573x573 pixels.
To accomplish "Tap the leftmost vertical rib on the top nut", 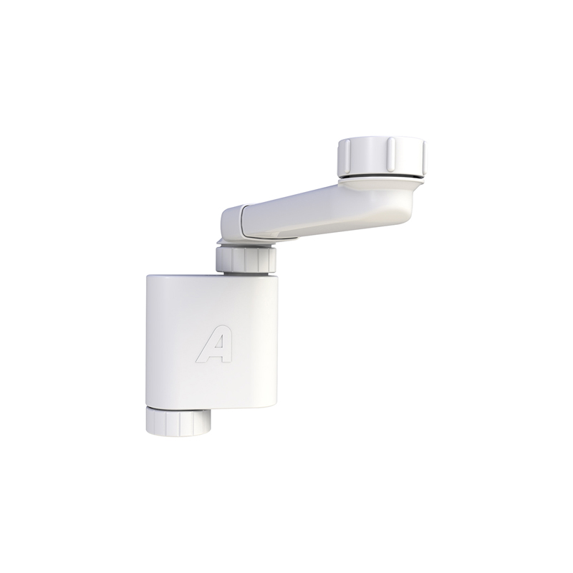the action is [x=344, y=158].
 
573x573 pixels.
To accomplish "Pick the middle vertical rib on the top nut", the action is [x=390, y=157].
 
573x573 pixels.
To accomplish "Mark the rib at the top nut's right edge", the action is [x=424, y=156].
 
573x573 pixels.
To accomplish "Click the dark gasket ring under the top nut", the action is [x=382, y=177].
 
